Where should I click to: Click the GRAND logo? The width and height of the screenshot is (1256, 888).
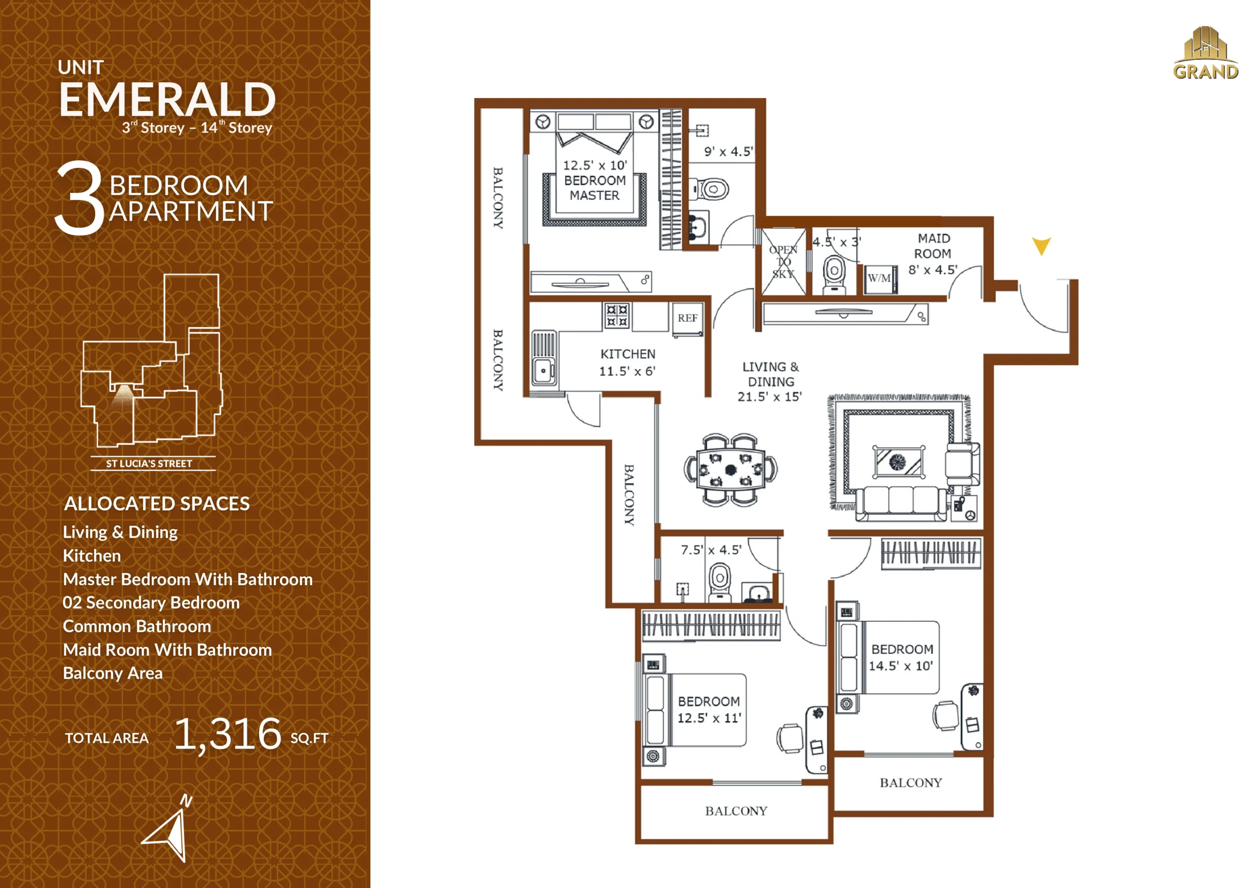[1205, 53]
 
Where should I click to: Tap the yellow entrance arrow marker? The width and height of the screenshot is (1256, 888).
[1041, 246]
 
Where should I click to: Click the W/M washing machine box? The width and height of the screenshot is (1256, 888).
[880, 279]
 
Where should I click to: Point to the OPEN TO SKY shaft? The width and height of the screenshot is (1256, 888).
[784, 262]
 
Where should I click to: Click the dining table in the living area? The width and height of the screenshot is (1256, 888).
[731, 470]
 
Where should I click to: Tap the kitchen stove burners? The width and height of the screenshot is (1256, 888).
[617, 315]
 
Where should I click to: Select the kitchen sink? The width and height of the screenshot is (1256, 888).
[544, 358]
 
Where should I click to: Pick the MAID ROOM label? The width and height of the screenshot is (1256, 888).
[933, 246]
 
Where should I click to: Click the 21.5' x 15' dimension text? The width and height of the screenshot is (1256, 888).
[769, 397]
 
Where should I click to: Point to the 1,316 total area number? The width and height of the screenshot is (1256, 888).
[228, 734]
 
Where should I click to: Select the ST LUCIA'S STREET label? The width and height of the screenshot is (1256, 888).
[149, 464]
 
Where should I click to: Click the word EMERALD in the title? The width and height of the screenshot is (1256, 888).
[167, 100]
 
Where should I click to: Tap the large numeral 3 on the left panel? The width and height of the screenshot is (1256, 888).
[80, 198]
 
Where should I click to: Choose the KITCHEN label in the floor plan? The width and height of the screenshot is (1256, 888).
[628, 354]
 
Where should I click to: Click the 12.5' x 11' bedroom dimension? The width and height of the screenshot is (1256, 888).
[709, 718]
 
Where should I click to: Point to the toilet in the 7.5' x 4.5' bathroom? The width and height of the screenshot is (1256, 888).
[720, 582]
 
